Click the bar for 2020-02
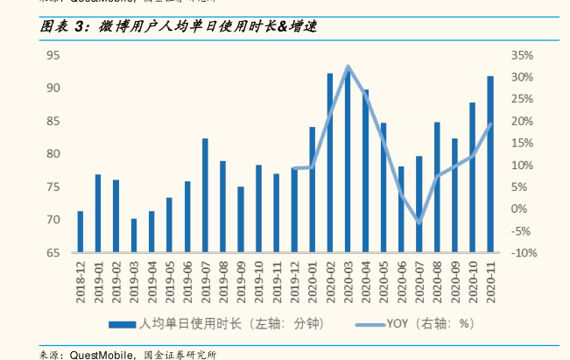tap(330, 163)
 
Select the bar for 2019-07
tap(205, 195)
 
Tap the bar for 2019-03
tap(134, 236)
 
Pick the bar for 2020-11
tap(490, 164)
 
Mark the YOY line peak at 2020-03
tap(348, 67)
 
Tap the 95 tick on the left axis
tap(53, 55)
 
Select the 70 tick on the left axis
tap(53, 220)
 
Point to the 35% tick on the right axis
tap(522, 55)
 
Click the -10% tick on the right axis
tap(522, 253)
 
